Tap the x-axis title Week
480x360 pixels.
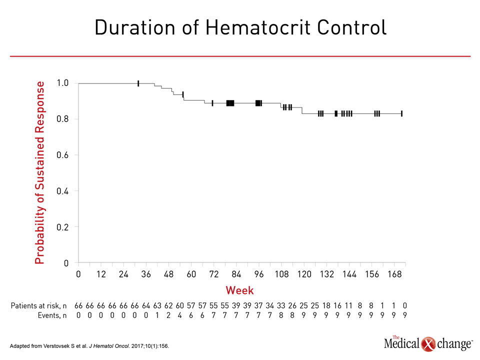[239, 290]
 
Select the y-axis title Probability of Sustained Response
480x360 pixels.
[40, 172]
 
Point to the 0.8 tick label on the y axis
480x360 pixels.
[62, 119]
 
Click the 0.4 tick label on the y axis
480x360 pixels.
[62, 191]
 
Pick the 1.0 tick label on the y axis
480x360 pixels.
[62, 83]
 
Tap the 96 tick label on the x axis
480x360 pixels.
[259, 274]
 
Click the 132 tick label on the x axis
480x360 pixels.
[326, 274]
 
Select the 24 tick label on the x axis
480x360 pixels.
[123, 274]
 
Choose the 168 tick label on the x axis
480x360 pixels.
[394, 274]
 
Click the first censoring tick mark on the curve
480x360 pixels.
[138, 83]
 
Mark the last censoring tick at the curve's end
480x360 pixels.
[401, 113]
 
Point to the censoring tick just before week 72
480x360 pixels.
[212, 103]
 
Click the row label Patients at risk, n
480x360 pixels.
[38, 306]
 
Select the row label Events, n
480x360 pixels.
[52, 315]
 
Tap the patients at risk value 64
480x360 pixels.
[146, 305]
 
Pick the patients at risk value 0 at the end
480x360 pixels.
[404, 305]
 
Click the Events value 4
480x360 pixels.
[179, 315]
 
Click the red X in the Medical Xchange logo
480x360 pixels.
[428, 344]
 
